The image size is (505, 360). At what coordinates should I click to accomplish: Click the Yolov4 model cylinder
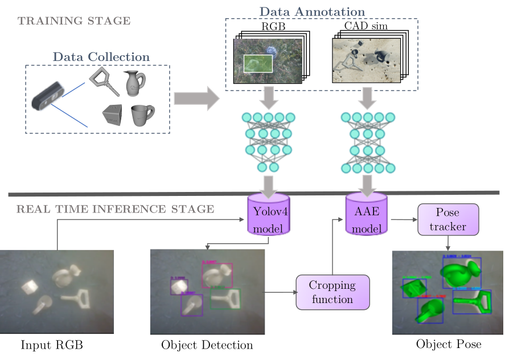[269, 215]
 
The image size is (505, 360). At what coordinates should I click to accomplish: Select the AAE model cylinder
[367, 215]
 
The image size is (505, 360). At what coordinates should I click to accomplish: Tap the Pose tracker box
[448, 219]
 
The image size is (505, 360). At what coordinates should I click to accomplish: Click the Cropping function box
[332, 292]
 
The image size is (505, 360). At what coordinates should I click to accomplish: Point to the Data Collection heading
[101, 57]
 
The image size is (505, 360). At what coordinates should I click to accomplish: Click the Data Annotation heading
[313, 11]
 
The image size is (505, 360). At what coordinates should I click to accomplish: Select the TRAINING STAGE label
[74, 22]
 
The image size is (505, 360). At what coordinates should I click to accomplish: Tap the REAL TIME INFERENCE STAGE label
[115, 209]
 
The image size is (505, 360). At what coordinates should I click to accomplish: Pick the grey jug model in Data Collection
[134, 82]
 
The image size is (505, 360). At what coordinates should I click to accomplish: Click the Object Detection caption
[207, 345]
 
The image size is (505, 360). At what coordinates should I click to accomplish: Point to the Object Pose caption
[449, 344]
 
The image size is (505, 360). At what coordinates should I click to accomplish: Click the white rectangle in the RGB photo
[258, 64]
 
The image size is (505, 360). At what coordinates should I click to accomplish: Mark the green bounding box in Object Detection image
[225, 299]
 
